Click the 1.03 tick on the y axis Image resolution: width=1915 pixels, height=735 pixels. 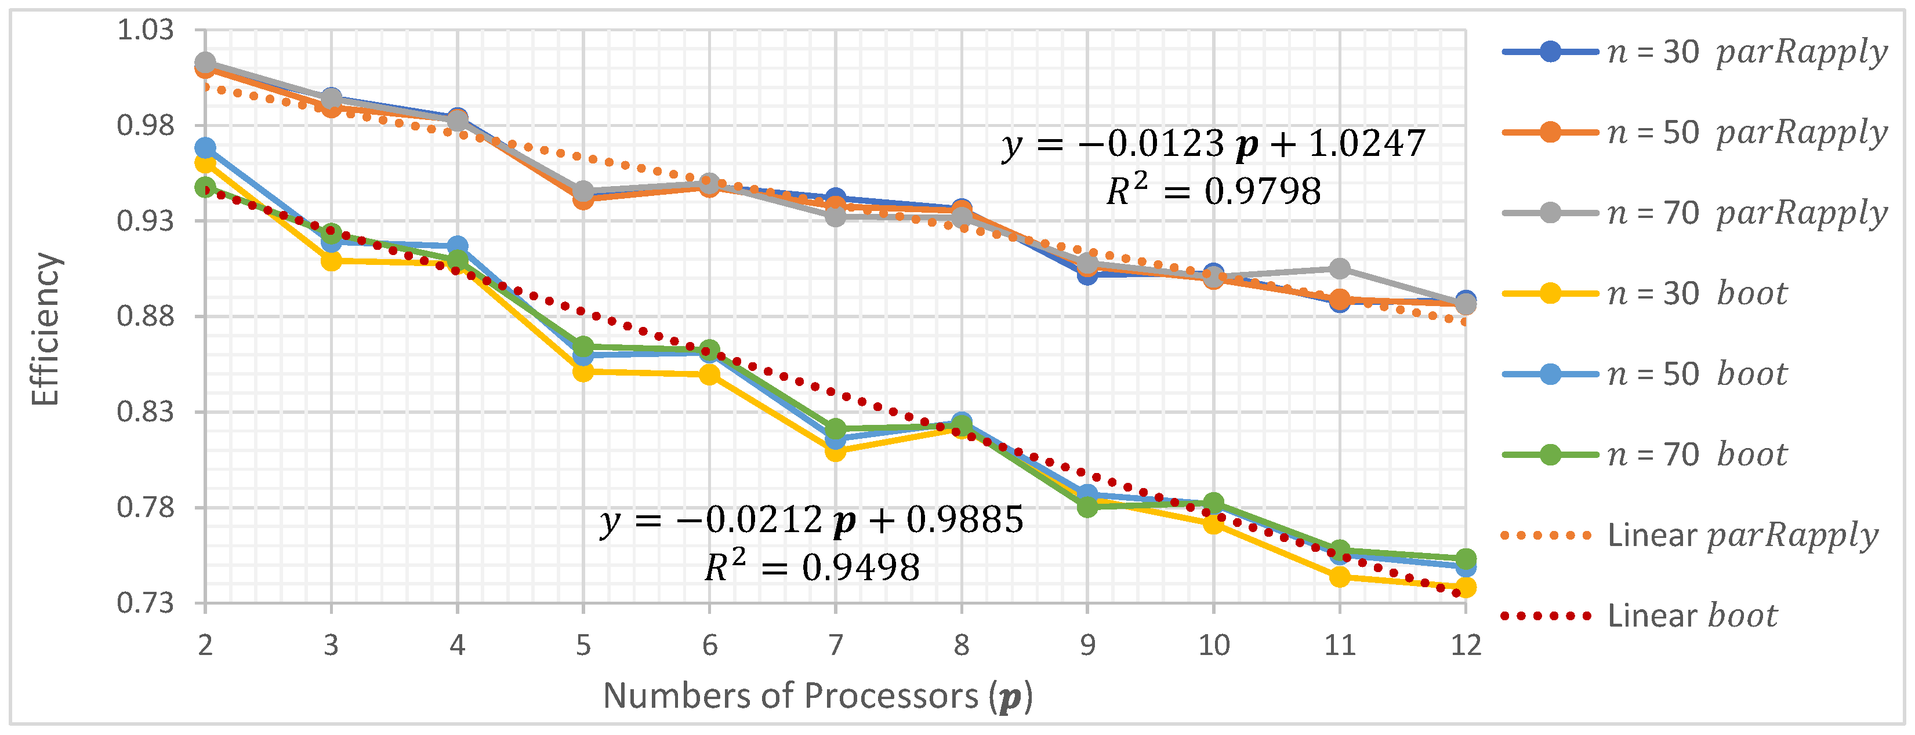pyautogui.click(x=146, y=31)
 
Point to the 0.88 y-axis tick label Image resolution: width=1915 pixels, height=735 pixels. pyautogui.click(x=146, y=316)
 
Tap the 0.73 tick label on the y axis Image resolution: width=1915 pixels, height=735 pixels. pyautogui.click(x=146, y=603)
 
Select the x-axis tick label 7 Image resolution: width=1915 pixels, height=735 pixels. pyautogui.click(x=836, y=645)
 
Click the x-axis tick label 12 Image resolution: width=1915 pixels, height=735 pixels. pyautogui.click(x=1465, y=645)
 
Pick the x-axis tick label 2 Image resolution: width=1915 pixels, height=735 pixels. pyautogui.click(x=205, y=645)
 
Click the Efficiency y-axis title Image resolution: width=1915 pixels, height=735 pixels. pyautogui.click(x=45, y=329)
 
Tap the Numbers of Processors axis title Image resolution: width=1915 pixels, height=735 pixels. pyautogui.click(x=818, y=696)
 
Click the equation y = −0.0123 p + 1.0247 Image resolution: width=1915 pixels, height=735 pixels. pyautogui.click(x=1213, y=143)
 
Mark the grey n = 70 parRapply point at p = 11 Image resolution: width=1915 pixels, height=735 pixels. pyautogui.click(x=1340, y=269)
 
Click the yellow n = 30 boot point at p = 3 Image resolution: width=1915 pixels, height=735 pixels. pyautogui.click(x=332, y=261)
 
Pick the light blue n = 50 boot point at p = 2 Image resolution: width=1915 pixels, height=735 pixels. pyautogui.click(x=205, y=148)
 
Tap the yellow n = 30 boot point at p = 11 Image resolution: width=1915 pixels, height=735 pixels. pyautogui.click(x=1340, y=577)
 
